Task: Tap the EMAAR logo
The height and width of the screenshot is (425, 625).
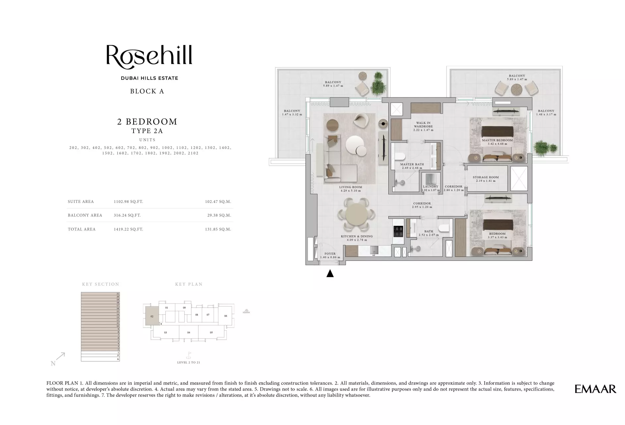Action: pos(595,389)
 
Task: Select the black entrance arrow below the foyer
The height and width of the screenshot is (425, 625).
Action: pos(330,273)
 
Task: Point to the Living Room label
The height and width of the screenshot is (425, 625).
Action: pos(351,187)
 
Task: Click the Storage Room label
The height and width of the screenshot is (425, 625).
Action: pos(485,177)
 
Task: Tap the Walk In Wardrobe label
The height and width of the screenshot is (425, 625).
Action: pos(423,125)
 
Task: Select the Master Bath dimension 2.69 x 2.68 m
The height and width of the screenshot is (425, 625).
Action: pos(412,168)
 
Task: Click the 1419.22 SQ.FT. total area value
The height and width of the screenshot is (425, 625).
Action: pos(128,229)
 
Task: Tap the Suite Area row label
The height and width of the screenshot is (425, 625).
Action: pos(81,202)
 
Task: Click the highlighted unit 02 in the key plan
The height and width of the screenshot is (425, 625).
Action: pos(152,316)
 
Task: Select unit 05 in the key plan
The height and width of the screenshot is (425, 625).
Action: pos(211,332)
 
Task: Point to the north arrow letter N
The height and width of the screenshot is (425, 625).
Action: pos(53,363)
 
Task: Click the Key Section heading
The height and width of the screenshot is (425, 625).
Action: pos(100,284)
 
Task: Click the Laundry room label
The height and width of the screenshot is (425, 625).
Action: pos(430,186)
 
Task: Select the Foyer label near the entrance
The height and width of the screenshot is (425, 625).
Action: pos(330,254)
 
